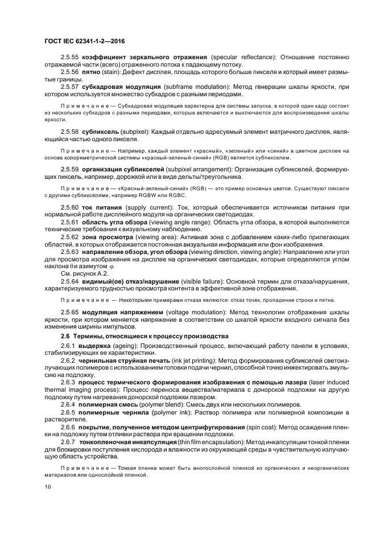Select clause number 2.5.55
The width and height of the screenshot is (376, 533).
point(70,59)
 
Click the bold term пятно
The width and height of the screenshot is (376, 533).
point(92,73)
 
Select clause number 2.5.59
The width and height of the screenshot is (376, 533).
point(70,170)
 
